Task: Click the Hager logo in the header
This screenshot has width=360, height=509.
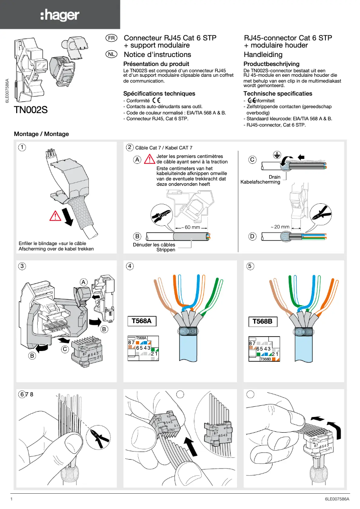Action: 60,15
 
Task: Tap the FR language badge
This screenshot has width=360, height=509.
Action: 111,39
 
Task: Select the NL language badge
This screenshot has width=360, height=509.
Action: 111,54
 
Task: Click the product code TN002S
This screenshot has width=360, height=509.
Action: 31,110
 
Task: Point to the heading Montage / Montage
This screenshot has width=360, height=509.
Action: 42,134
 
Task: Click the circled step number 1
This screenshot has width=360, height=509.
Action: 22,147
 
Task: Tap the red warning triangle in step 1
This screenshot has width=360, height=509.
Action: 55,216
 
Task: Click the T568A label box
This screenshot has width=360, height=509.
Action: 142,321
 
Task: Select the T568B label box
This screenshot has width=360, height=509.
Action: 263,321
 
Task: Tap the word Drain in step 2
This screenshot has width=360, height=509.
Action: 274,177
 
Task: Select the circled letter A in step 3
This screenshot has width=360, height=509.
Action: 83,281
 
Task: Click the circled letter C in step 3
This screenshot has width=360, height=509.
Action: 65,348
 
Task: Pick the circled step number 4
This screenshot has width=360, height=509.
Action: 130,266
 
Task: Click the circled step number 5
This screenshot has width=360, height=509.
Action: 250,266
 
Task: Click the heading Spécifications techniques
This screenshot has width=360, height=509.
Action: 159,93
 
